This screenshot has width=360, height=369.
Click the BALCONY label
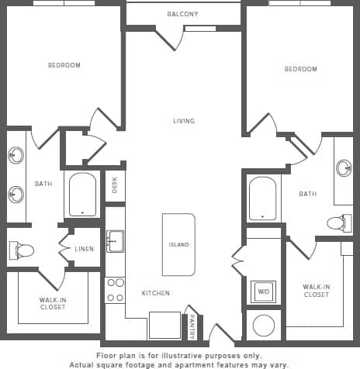[182, 15]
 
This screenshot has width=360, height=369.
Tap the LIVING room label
[184, 121]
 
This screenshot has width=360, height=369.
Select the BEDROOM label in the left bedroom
[64, 65]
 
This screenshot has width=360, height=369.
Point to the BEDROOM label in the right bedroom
[300, 69]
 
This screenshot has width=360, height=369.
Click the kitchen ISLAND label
[178, 245]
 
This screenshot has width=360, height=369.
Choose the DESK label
[115, 186]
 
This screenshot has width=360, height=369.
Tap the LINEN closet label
[85, 249]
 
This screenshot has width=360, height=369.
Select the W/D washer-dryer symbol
[262, 291]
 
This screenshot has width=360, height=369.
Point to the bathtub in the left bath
[82, 194]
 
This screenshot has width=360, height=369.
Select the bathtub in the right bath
[262, 198]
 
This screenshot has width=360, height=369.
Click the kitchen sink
[115, 241]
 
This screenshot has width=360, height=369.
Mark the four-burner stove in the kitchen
[115, 290]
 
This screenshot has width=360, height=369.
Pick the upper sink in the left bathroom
[16, 155]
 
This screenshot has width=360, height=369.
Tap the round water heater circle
[263, 325]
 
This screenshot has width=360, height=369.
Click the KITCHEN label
[155, 293]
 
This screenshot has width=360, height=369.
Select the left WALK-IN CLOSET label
[53, 303]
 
